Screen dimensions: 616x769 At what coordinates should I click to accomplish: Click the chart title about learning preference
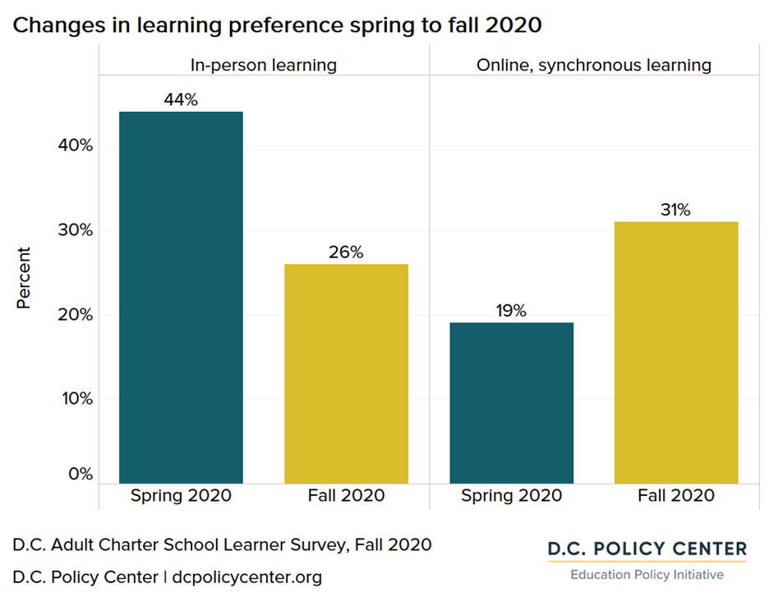click(x=277, y=25)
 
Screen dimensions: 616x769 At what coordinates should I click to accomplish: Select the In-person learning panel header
click(x=264, y=65)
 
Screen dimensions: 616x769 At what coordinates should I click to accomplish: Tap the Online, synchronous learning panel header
click(x=593, y=65)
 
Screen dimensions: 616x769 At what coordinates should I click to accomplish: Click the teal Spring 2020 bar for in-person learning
click(x=181, y=297)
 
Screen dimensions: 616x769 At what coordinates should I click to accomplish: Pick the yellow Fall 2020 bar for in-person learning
click(x=346, y=373)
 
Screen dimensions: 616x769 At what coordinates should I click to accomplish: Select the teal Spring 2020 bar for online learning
click(x=511, y=403)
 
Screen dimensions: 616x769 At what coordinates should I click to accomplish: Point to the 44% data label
click(x=181, y=100)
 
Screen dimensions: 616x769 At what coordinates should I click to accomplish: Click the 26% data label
click(x=346, y=252)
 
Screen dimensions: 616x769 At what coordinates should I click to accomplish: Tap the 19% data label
click(x=511, y=311)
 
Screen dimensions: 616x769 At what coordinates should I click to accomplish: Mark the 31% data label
click(x=676, y=210)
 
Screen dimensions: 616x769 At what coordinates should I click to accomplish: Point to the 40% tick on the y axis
click(x=74, y=146)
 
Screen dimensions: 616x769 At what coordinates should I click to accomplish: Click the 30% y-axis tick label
click(x=74, y=230)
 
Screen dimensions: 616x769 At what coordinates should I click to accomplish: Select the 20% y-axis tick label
click(x=74, y=315)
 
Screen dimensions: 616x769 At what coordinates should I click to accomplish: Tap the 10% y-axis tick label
click(x=74, y=399)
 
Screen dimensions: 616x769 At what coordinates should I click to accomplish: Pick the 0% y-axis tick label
click(x=79, y=475)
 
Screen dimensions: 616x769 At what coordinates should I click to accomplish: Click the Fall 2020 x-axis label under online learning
click(x=676, y=496)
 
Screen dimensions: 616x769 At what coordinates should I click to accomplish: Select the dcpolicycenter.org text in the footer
click(x=247, y=577)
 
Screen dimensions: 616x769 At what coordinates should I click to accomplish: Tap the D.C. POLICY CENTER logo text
click(x=647, y=549)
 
